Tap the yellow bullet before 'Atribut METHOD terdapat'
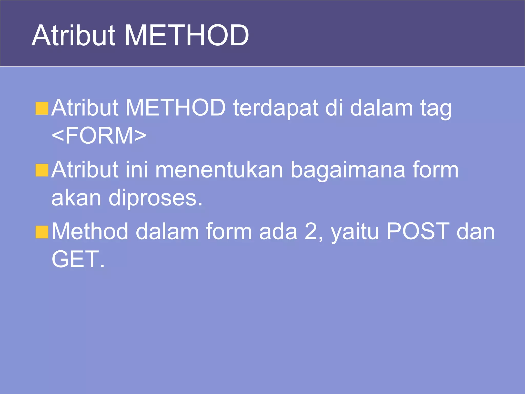click(x=42, y=108)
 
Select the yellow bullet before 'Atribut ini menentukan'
click(x=42, y=170)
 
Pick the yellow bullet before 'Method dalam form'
click(x=42, y=232)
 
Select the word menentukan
click(x=219, y=170)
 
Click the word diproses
click(x=155, y=199)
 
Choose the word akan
click(x=76, y=198)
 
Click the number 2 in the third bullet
click(x=311, y=232)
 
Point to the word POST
click(x=418, y=231)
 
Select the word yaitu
click(x=355, y=232)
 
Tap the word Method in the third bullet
click(x=90, y=232)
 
